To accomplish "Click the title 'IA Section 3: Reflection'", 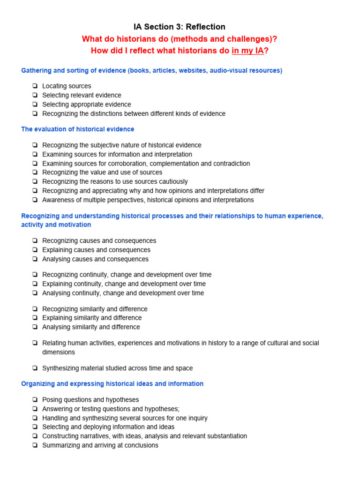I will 180,27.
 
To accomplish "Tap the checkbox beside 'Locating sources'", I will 35,86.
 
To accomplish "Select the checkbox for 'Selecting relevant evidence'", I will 35,95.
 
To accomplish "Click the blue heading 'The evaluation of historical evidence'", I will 78,129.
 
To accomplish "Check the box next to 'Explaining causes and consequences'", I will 35,250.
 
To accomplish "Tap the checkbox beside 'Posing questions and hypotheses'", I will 35,400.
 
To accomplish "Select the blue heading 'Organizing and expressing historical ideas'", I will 112,383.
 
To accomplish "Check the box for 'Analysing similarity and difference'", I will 35,327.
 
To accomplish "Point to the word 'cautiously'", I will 172,181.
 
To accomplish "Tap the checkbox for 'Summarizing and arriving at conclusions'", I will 35,445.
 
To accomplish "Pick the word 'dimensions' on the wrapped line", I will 59,352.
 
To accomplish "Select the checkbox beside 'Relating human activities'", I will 35,343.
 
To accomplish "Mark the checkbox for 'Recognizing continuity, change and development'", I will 35,275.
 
